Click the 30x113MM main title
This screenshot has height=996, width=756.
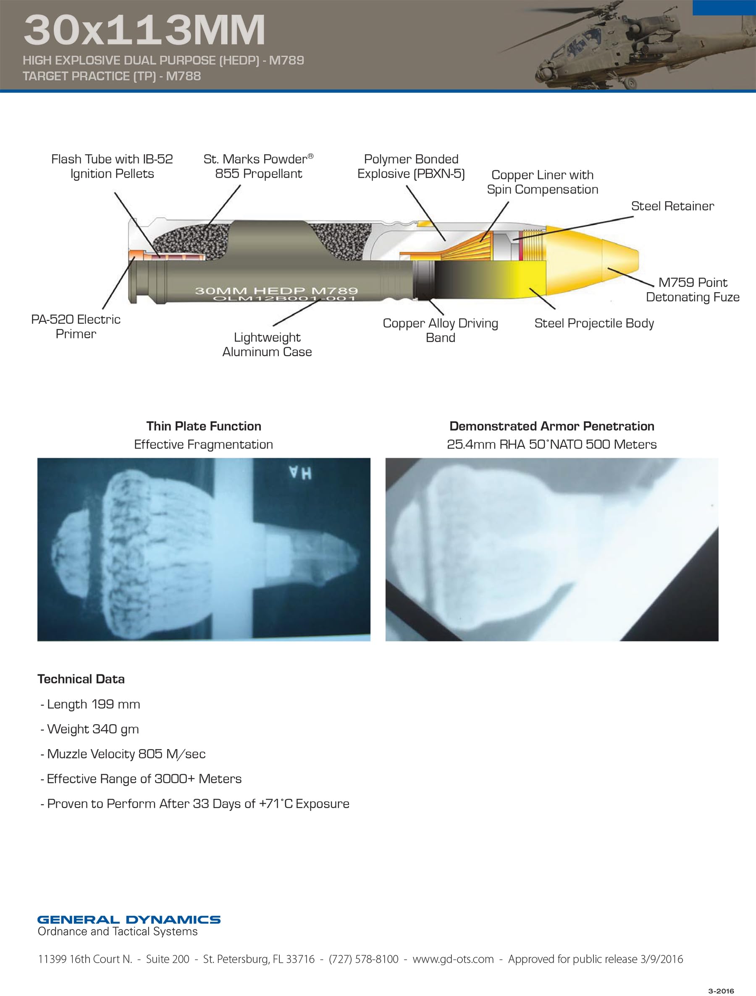[144, 30]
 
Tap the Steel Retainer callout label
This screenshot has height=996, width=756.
[672, 206]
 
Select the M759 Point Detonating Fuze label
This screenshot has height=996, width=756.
[693, 290]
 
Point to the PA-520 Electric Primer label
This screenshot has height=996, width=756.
[76, 326]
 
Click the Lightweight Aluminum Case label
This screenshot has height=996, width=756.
[267, 344]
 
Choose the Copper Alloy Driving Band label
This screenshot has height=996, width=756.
[440, 330]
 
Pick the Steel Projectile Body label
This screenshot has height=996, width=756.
[594, 323]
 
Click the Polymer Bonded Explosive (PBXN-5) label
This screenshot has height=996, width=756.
[411, 166]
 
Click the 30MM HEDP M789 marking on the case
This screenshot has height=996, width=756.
[276, 291]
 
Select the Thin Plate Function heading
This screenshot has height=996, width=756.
[204, 426]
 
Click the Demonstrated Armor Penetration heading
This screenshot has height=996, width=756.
[551, 426]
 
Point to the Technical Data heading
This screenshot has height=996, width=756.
[81, 679]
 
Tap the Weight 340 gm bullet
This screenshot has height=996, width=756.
[89, 729]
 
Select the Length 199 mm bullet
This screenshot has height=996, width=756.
[90, 704]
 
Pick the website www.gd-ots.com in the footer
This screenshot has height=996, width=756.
[453, 959]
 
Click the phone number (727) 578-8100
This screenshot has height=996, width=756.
[364, 959]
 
